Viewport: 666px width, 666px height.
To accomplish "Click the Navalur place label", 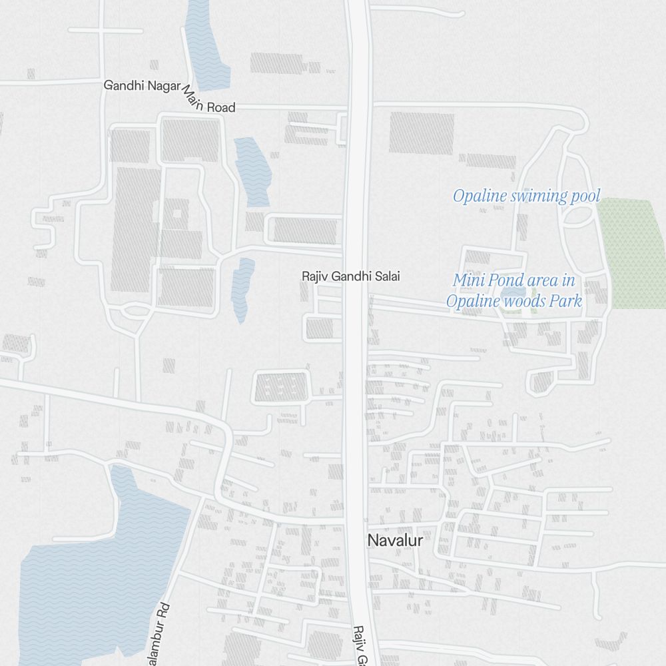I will pyautogui.click(x=395, y=541).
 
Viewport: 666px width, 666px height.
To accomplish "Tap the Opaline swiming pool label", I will pyautogui.click(x=526, y=196).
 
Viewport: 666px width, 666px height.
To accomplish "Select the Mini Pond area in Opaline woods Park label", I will pyautogui.click(x=513, y=291).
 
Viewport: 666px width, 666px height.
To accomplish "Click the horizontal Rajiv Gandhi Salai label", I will pyautogui.click(x=351, y=276).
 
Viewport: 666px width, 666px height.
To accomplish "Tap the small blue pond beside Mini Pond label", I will pyautogui.click(x=513, y=293).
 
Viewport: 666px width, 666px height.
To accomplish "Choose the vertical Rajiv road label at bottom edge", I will pyautogui.click(x=360, y=646).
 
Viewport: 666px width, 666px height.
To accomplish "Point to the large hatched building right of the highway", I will pyautogui.click(x=422, y=133).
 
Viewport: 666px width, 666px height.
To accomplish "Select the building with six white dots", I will pyautogui.click(x=280, y=386).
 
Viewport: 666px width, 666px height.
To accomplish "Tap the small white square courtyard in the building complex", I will pyautogui.click(x=176, y=214).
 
